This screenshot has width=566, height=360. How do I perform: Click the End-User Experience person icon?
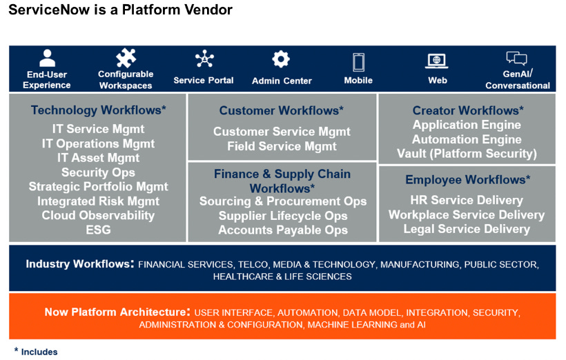click(x=47, y=59)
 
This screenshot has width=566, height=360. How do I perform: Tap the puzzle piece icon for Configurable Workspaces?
click(x=126, y=58)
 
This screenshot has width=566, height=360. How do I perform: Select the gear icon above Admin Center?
click(x=281, y=60)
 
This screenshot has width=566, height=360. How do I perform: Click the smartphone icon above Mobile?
click(x=358, y=62)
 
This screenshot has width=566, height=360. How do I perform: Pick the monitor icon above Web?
click(x=436, y=61)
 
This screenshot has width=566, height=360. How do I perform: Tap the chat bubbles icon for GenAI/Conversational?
click(x=516, y=59)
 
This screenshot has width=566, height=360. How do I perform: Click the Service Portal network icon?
click(x=204, y=60)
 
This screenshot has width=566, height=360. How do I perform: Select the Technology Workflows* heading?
click(x=99, y=110)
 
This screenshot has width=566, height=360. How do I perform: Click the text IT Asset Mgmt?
click(x=98, y=158)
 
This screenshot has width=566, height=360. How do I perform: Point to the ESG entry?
click(x=98, y=230)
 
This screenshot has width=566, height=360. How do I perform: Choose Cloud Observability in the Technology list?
click(x=98, y=215)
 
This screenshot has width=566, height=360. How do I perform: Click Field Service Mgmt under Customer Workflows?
click(x=282, y=146)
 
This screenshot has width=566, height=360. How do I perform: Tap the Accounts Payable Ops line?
click(x=283, y=230)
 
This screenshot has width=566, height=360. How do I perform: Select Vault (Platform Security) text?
click(x=467, y=154)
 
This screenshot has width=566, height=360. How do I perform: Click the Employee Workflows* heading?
click(x=467, y=180)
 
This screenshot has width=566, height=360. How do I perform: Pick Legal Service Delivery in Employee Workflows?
click(x=467, y=229)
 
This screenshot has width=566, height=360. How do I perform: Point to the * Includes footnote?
click(x=36, y=352)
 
